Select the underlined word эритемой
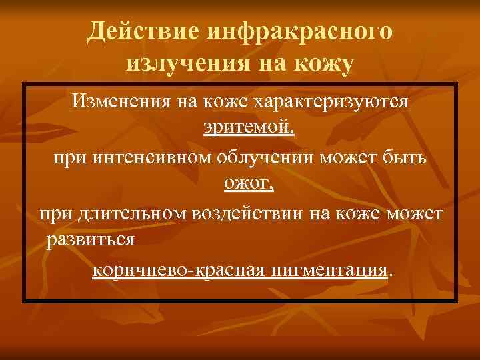pos(247,127)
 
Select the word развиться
pos(92,239)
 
